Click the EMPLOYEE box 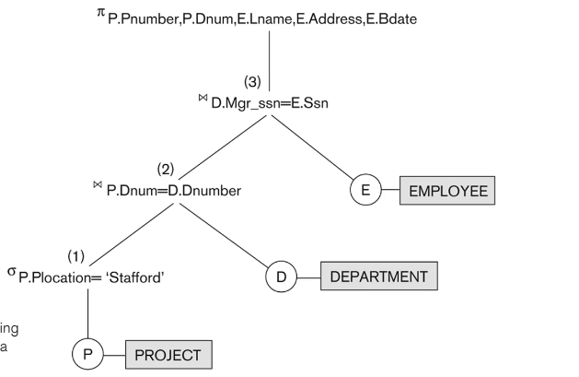447,192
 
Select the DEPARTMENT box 378,276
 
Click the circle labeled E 365,192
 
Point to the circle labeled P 87,354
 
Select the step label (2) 165,169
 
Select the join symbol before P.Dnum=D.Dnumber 97,185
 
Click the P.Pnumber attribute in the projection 134,19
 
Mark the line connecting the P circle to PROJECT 113,354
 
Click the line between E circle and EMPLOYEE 390,192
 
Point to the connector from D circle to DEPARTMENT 307,276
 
